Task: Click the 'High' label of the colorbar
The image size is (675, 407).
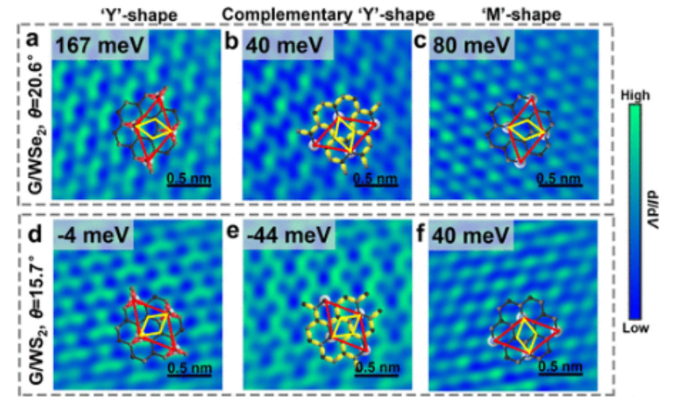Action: coord(641,94)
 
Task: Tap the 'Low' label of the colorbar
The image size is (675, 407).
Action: coord(641,328)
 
